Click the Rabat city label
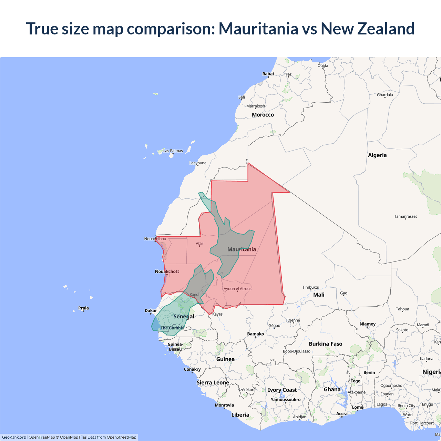pyautogui.click(x=268, y=74)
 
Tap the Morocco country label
pyautogui.click(x=263, y=115)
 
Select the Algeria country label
pyautogui.click(x=377, y=155)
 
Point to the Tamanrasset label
pyautogui.click(x=405, y=216)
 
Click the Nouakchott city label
pyautogui.click(x=167, y=271)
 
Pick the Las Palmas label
pyautogui.click(x=173, y=151)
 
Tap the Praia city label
pyautogui.click(x=83, y=308)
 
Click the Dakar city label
pyautogui.click(x=151, y=310)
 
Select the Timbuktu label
pyautogui.click(x=311, y=287)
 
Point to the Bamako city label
pyautogui.click(x=255, y=334)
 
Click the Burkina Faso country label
pyautogui.click(x=326, y=344)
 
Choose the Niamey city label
pyautogui.click(x=368, y=324)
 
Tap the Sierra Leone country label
pyautogui.click(x=213, y=382)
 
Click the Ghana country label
pyautogui.click(x=332, y=389)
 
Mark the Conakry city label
pyautogui.click(x=192, y=369)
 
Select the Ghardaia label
pyautogui.click(x=385, y=95)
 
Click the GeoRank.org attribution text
pyautogui.click(x=14, y=437)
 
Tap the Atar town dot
pyautogui.click(x=199, y=246)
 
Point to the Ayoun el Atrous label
pyautogui.click(x=237, y=289)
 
